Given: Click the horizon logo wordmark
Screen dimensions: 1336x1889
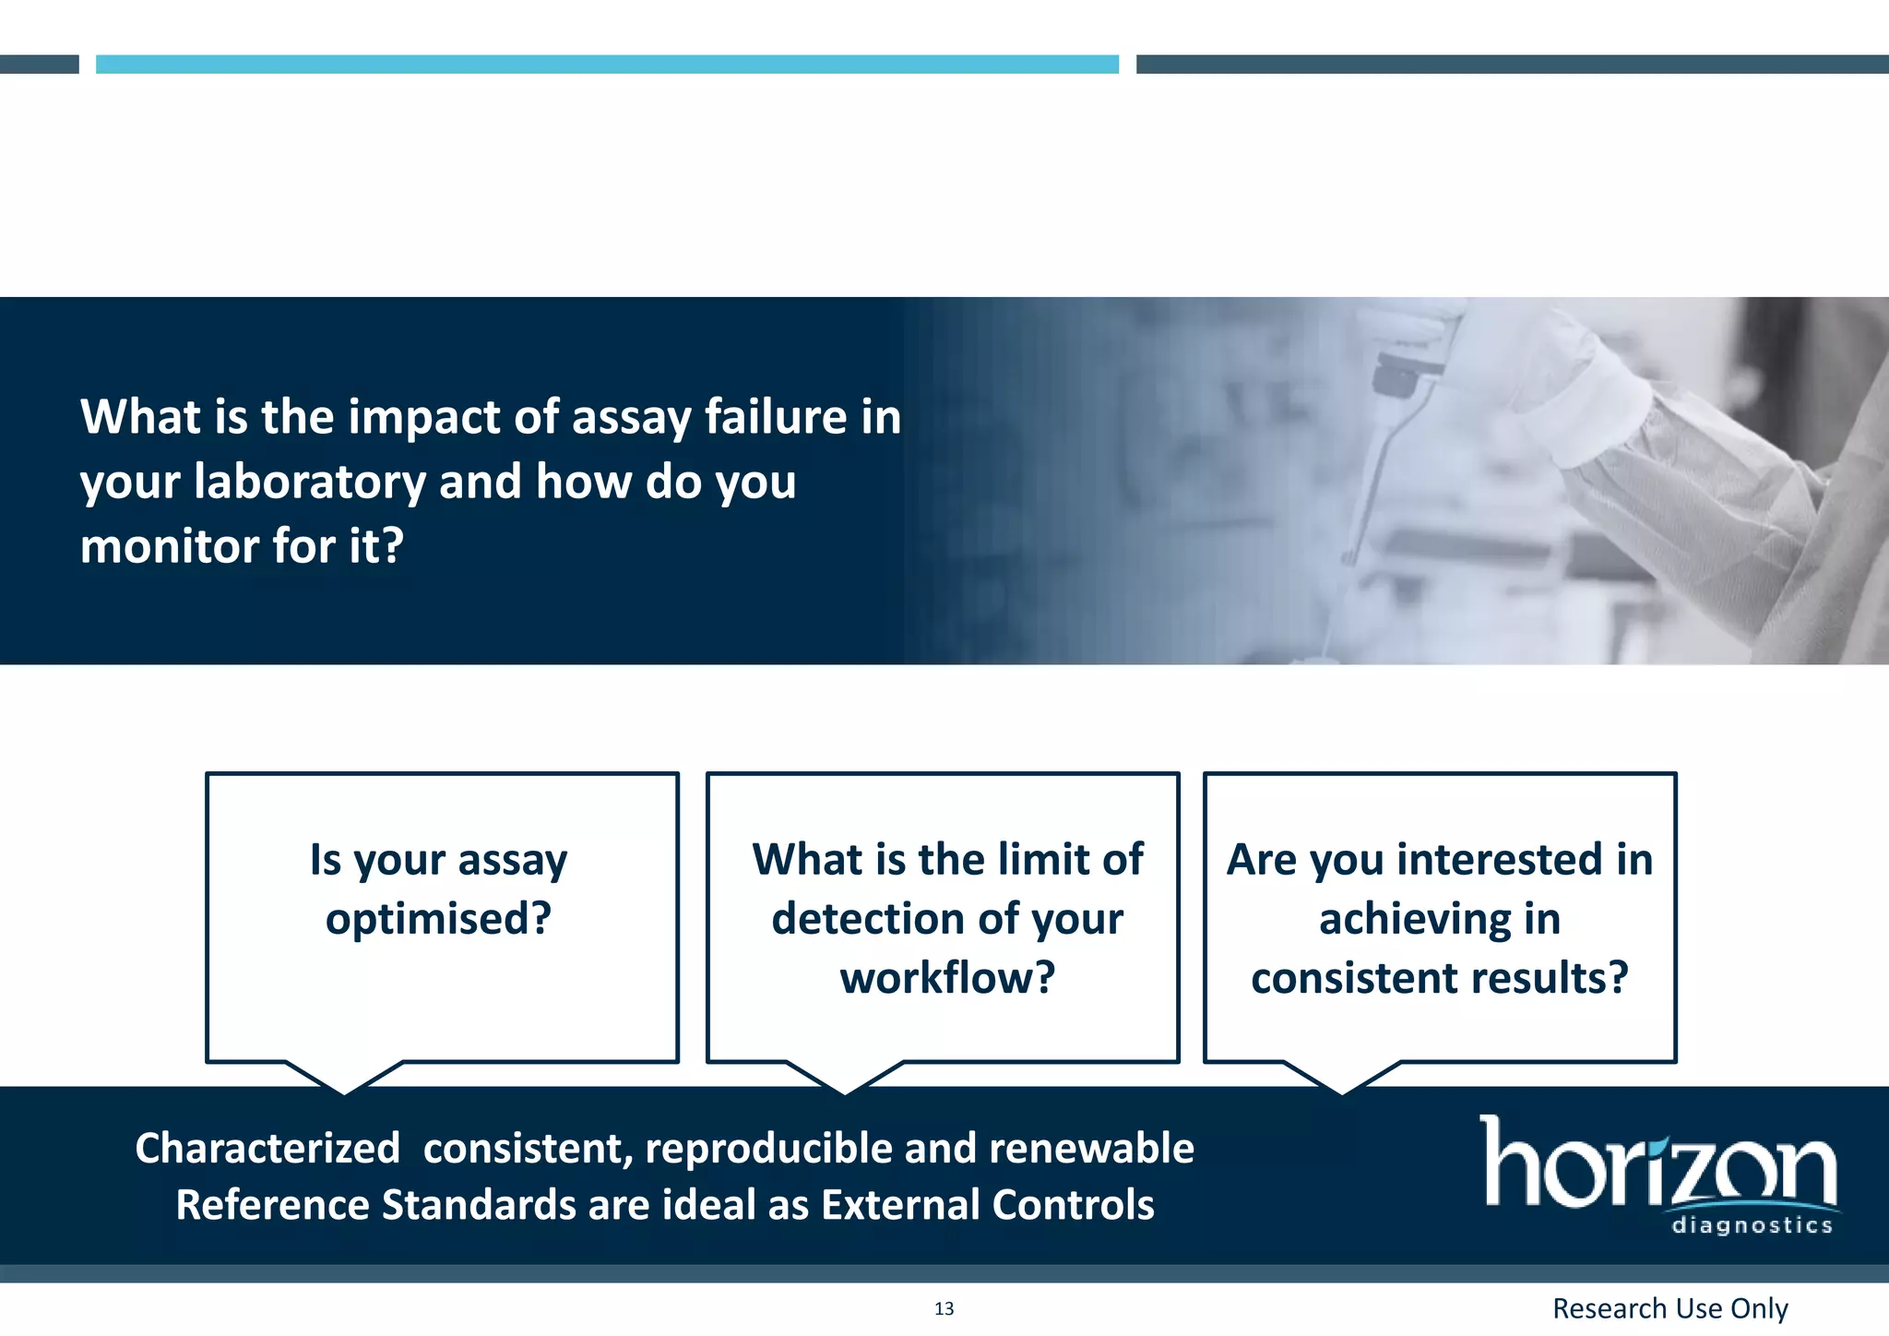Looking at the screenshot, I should click(1657, 1164).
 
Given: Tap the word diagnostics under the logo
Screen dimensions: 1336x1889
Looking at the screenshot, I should click(1752, 1226).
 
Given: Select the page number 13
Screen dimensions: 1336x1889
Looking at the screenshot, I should click(944, 1308).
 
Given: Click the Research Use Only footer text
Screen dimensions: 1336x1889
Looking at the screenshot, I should click(1669, 1308).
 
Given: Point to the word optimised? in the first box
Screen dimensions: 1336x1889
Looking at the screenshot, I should click(438, 919).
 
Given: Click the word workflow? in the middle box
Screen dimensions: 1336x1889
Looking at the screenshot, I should click(947, 978).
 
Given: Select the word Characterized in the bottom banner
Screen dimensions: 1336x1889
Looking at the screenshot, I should click(267, 1149).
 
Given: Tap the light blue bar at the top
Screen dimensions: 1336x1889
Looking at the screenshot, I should click(607, 64).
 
